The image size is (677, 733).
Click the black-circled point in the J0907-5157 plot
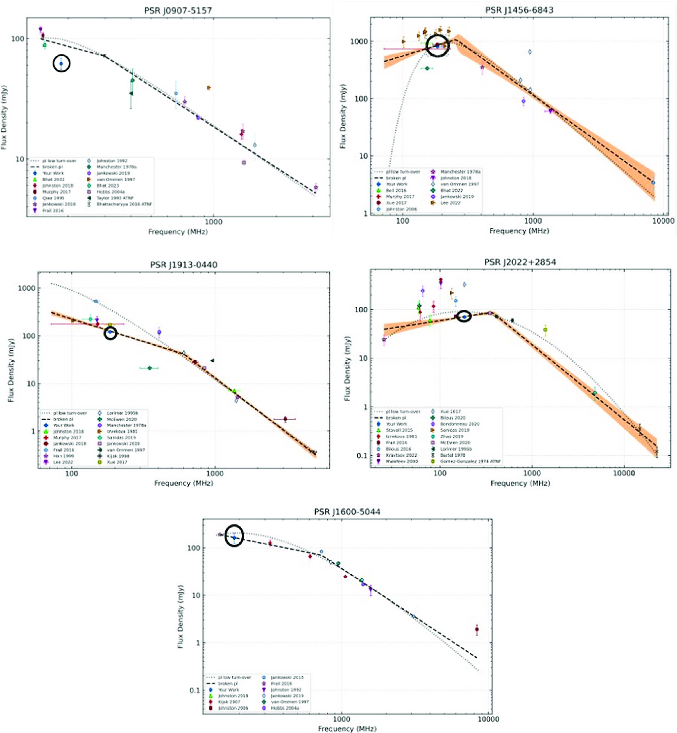(61, 64)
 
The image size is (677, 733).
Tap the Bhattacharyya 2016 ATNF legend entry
(124, 204)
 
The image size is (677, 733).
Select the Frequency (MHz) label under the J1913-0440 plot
(183, 483)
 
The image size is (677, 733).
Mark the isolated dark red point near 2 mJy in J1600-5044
(477, 630)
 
